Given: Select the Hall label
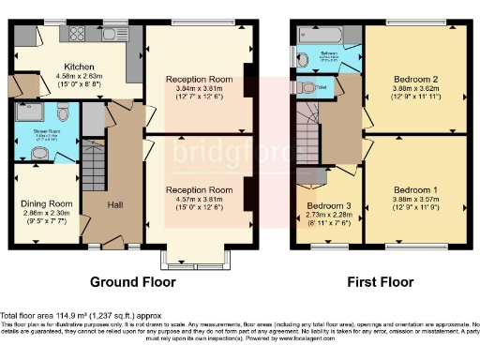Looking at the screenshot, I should [x=114, y=203].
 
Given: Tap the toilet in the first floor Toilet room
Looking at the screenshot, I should [x=310, y=87].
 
